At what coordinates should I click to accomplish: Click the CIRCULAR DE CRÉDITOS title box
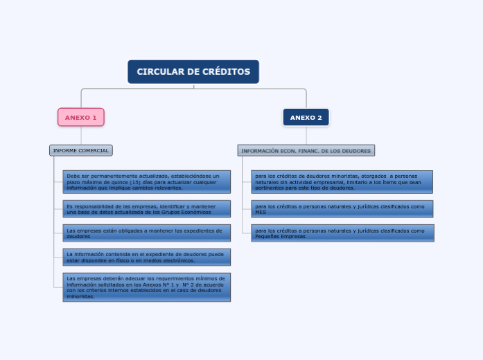click(193, 72)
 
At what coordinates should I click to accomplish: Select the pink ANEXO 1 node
click(81, 118)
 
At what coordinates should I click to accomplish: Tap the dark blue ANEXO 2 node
click(306, 118)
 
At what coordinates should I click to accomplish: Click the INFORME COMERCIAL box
click(81, 150)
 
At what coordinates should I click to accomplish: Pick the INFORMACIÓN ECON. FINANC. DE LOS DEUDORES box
click(306, 150)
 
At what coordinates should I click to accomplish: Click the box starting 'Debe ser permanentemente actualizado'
click(146, 181)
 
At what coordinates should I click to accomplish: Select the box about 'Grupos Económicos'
click(146, 208)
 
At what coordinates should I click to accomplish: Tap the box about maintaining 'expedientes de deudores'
click(146, 233)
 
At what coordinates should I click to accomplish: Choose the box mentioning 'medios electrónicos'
click(146, 258)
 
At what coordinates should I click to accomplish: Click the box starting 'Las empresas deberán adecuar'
click(146, 287)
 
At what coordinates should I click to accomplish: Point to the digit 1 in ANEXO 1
click(95, 118)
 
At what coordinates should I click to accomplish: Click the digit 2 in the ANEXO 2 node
click(319, 118)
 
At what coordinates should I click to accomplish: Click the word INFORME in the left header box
click(65, 150)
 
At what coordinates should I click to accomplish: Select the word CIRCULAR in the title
click(159, 72)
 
